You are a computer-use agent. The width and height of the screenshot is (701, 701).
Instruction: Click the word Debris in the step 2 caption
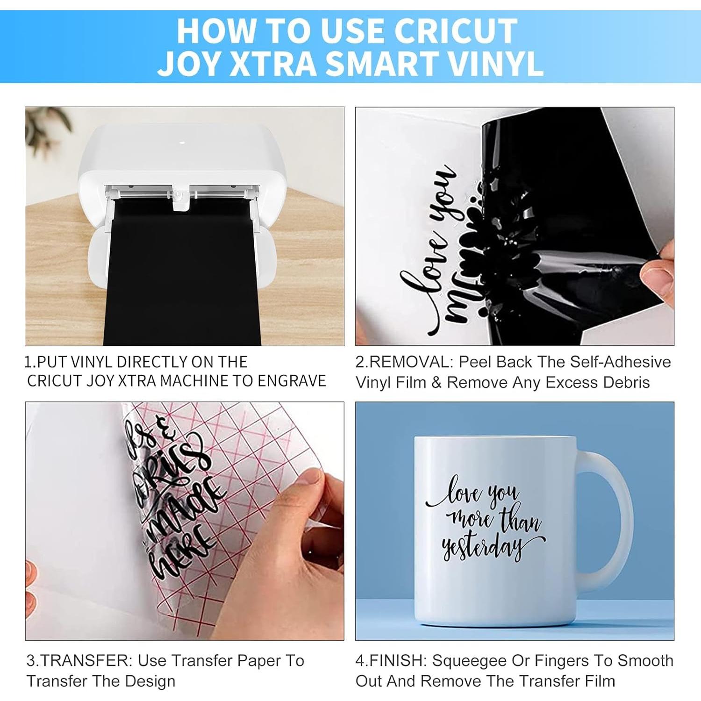(626, 383)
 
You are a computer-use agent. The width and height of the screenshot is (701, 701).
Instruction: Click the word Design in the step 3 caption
(150, 681)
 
